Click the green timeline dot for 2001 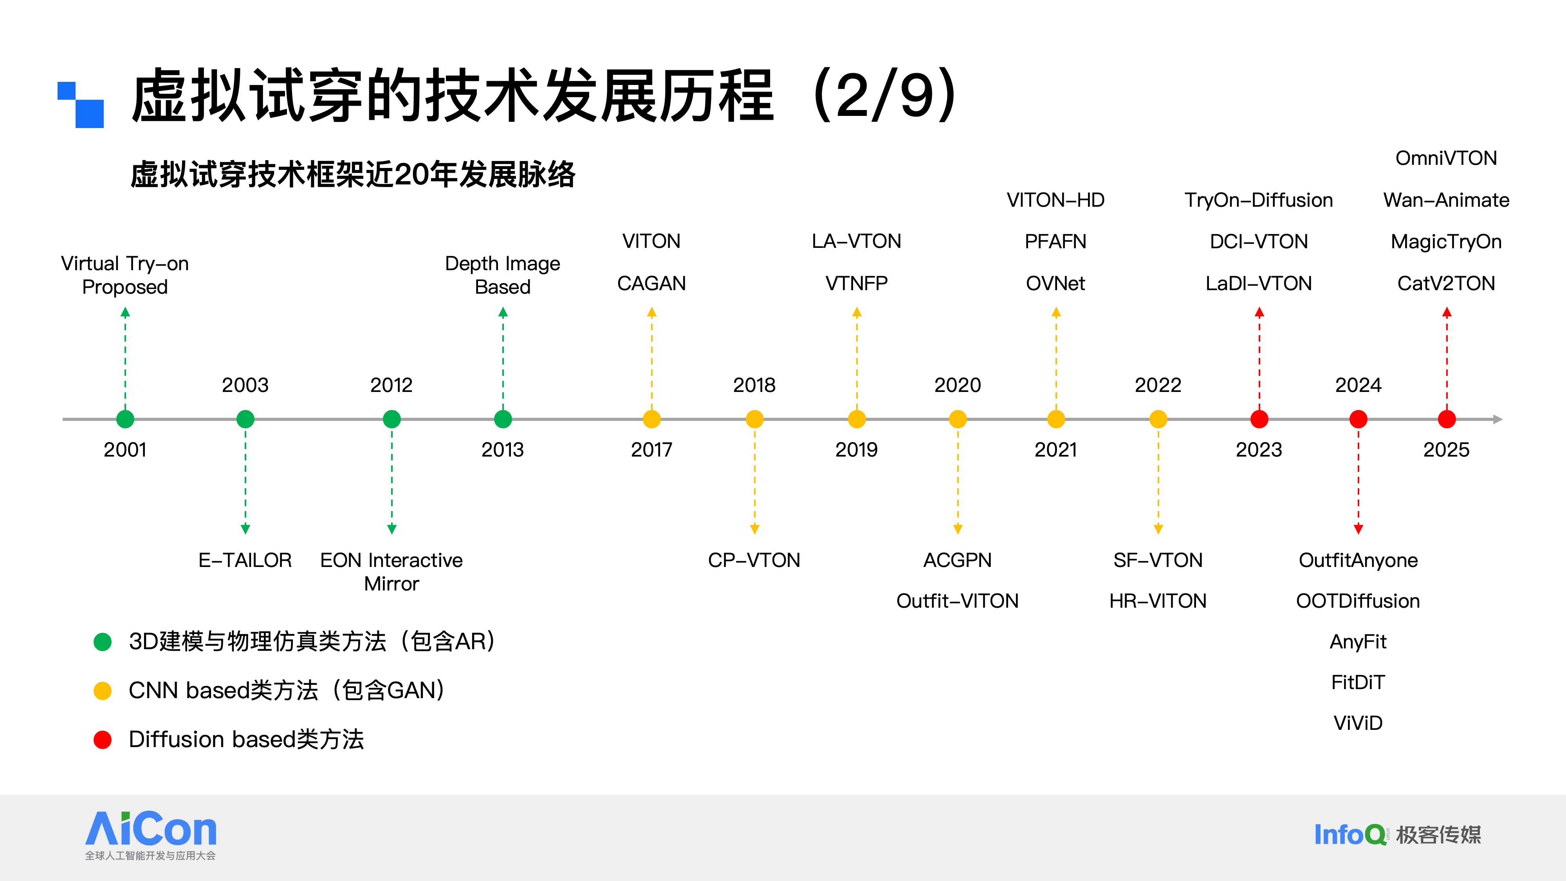click(125, 419)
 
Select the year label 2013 click(502, 450)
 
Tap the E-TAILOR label click(245, 560)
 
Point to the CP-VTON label click(754, 560)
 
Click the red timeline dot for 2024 click(1358, 419)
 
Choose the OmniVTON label click(1446, 159)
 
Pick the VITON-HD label click(1055, 200)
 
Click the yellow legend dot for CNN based click(103, 691)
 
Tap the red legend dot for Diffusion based click(103, 740)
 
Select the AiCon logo click(151, 830)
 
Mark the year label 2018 click(754, 385)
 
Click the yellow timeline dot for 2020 click(958, 419)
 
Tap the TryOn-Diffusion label click(1258, 200)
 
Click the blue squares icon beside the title click(81, 105)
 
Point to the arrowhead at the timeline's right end click(1497, 419)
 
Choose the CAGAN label click(651, 283)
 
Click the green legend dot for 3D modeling click(103, 641)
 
